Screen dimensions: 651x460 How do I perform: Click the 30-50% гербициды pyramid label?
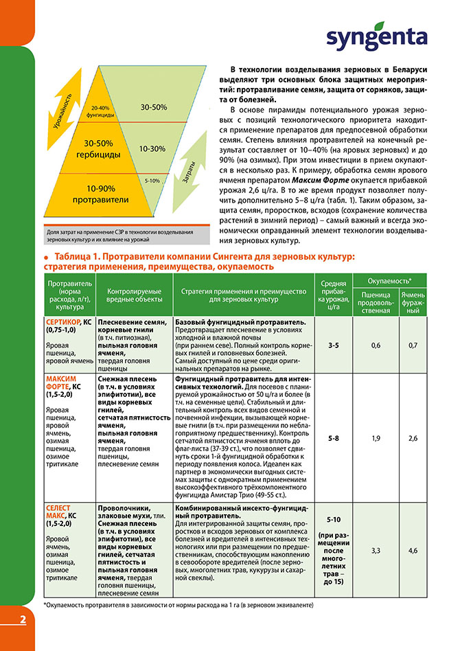103,148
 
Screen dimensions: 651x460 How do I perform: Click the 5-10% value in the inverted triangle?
152,180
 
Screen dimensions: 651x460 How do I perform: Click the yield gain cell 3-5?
334,345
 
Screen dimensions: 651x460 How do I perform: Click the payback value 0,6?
376,345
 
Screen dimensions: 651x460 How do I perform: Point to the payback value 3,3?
376,550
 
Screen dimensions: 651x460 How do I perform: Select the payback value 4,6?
413,550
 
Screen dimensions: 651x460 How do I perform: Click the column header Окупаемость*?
389,282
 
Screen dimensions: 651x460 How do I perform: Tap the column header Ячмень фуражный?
413,302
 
